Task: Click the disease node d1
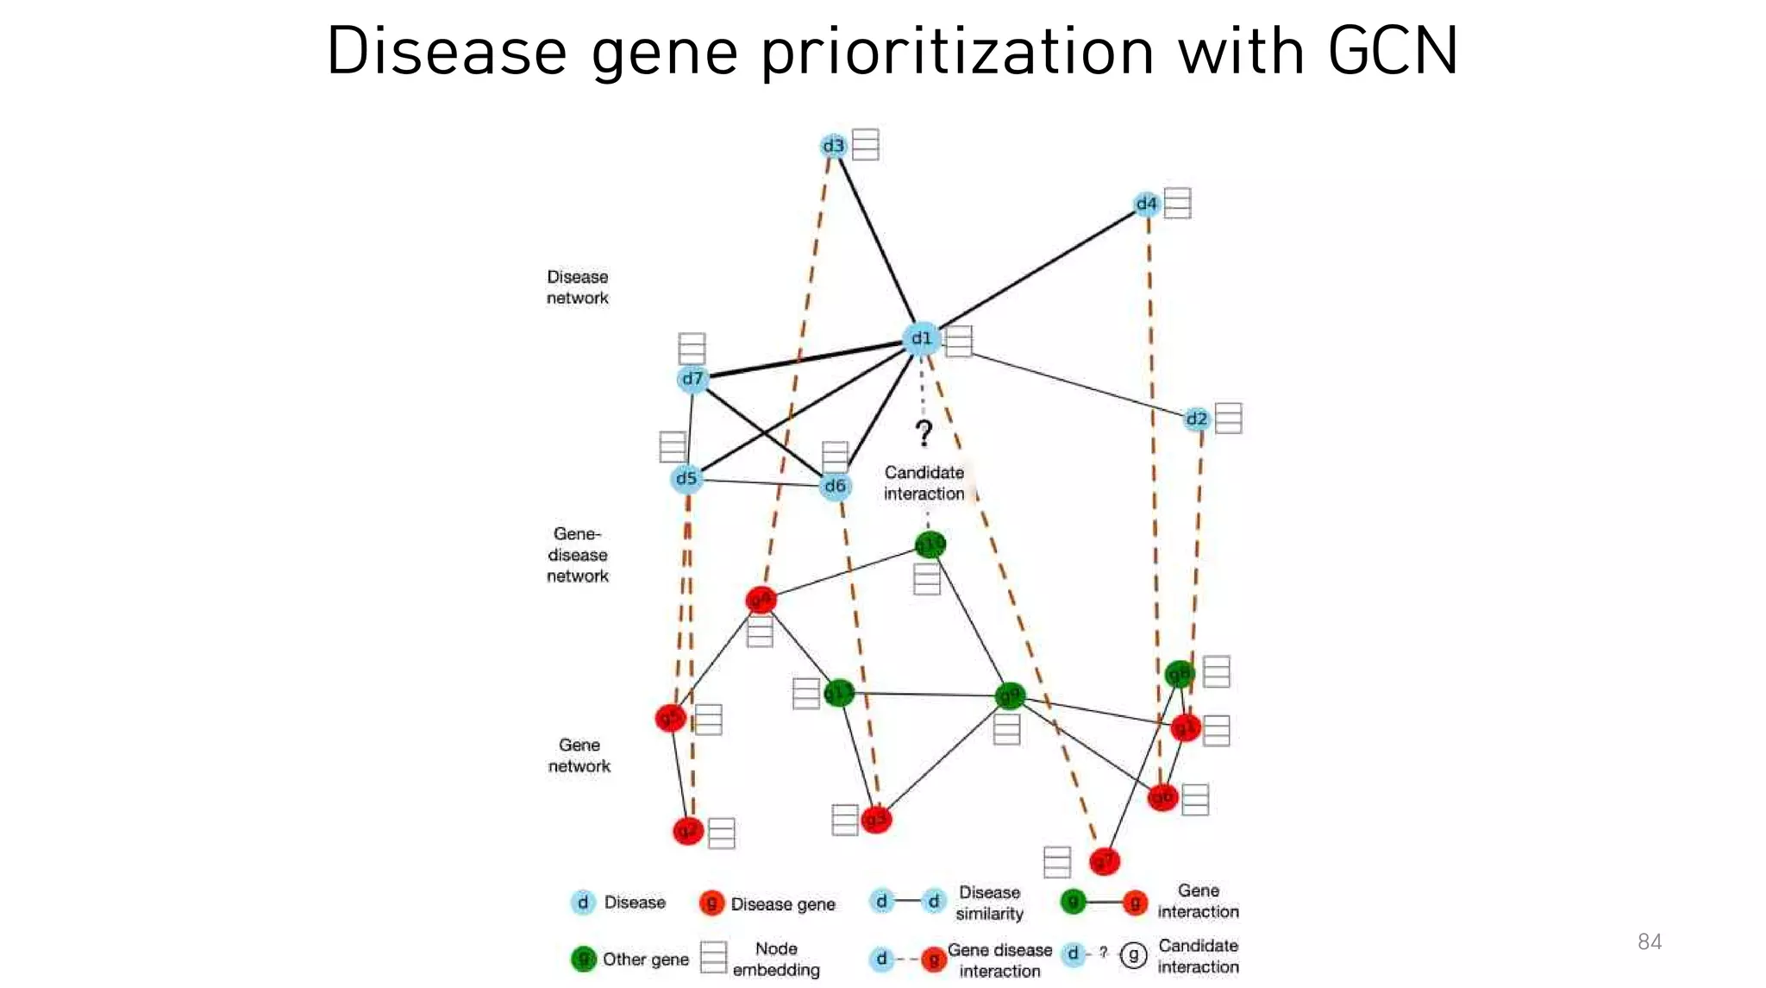point(921,338)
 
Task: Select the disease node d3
point(833,146)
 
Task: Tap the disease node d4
point(1146,205)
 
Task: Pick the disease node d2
point(1196,419)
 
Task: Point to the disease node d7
point(692,379)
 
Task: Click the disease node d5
point(686,478)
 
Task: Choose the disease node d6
point(835,487)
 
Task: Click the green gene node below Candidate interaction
point(930,545)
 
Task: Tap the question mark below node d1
point(924,433)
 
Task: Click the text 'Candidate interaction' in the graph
point(924,483)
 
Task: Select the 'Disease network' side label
point(577,287)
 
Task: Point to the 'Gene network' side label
point(579,755)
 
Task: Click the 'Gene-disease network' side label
point(577,555)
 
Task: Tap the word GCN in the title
point(1392,52)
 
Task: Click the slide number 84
point(1649,941)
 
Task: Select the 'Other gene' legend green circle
point(584,959)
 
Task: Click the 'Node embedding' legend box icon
point(713,957)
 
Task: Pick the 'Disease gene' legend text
point(782,904)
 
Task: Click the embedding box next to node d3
point(865,144)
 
